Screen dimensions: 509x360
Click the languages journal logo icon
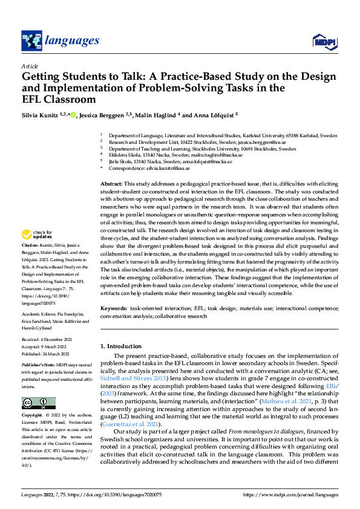[30, 41]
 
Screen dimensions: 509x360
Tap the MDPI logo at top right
[324, 41]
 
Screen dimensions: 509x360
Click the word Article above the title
[30, 65]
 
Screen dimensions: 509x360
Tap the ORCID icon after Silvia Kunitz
[73, 115]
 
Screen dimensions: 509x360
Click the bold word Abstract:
[111, 183]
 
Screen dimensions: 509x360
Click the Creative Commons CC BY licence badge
[38, 386]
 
